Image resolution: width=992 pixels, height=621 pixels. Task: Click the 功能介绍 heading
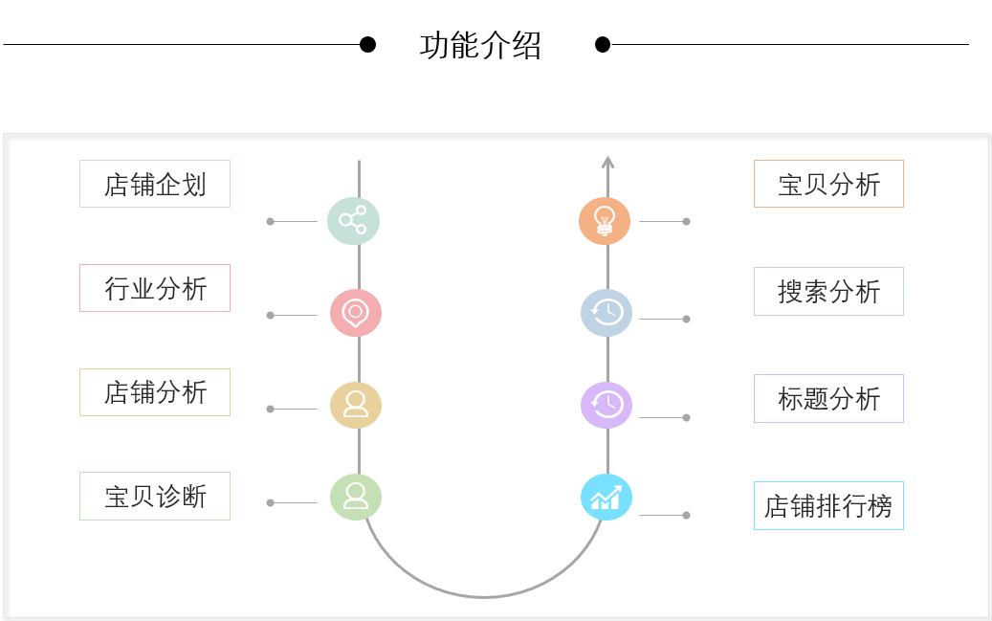pos(480,45)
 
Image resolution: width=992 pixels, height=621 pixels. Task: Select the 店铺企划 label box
pos(155,184)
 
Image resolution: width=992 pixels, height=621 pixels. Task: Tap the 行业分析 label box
pos(155,288)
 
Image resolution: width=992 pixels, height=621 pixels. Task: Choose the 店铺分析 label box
pos(155,392)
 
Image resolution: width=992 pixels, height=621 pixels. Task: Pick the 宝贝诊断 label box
pos(155,497)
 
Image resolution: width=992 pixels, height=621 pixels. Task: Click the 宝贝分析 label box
pos(828,184)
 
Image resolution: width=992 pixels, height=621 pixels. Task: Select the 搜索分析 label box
pos(828,292)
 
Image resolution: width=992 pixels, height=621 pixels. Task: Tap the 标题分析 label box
pos(828,399)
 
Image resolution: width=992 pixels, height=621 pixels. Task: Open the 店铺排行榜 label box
pos(828,506)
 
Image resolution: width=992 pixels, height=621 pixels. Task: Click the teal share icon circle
pos(353,220)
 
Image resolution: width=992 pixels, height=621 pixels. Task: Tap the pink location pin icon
pos(356,313)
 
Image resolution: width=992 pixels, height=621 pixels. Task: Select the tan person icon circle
pos(356,405)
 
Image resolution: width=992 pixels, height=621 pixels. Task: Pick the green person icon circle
pos(356,497)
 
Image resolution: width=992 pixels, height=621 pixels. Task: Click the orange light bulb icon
pos(605,220)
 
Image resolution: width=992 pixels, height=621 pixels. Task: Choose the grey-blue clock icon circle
pos(606,312)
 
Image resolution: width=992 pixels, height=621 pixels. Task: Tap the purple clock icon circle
pos(606,405)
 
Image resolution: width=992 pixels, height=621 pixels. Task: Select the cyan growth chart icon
pos(606,498)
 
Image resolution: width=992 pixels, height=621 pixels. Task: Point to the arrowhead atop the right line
pos(607,163)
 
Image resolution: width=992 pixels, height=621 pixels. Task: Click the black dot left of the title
pos(367,44)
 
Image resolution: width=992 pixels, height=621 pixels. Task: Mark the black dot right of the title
pos(603,44)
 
